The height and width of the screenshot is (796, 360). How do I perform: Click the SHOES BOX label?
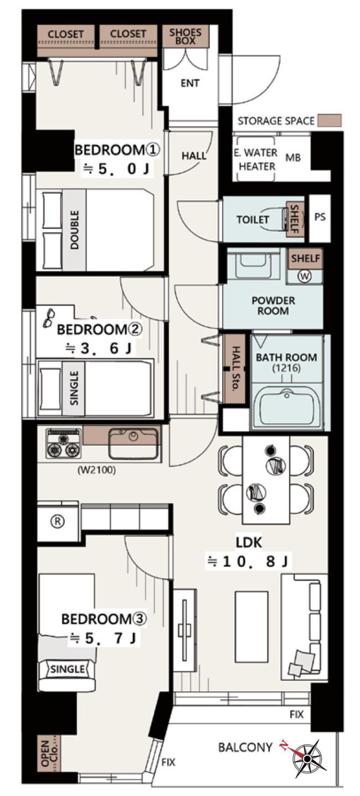[185, 36]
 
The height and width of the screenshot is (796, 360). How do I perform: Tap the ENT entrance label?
[190, 83]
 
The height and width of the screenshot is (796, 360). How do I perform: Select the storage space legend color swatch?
[330, 120]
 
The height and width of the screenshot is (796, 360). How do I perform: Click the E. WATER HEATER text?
[256, 159]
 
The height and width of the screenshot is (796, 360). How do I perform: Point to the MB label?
[293, 157]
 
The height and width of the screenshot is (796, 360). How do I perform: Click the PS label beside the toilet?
[320, 217]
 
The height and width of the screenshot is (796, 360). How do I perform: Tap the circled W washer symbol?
[305, 276]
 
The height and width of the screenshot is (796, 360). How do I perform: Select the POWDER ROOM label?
[273, 306]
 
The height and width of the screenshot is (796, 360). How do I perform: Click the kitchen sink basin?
[133, 443]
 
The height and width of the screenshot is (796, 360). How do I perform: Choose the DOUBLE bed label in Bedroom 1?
[74, 230]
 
